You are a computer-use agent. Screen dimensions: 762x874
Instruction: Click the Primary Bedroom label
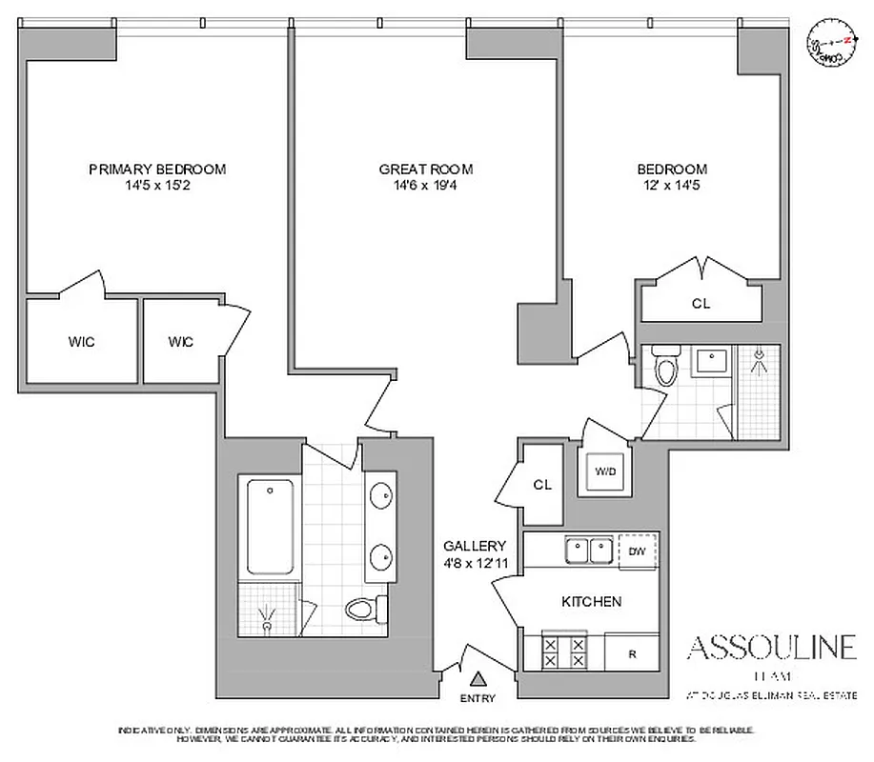pyautogui.click(x=157, y=170)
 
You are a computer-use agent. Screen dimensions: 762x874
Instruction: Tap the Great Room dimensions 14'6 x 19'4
pyautogui.click(x=426, y=187)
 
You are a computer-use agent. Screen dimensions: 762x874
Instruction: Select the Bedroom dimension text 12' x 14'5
pyautogui.click(x=672, y=187)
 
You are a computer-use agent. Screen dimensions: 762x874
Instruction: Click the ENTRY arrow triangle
pyautogui.click(x=479, y=678)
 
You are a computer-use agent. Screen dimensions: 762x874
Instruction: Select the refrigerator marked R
pyautogui.click(x=632, y=653)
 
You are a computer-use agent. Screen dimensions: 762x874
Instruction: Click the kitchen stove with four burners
pyautogui.click(x=563, y=652)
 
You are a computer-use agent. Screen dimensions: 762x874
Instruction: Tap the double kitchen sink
pyautogui.click(x=588, y=551)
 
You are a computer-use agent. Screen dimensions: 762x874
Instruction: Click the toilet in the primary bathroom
pyautogui.click(x=363, y=607)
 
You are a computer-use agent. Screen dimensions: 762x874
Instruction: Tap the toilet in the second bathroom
pyautogui.click(x=665, y=367)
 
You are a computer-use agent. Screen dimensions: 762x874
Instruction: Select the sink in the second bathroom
pyautogui.click(x=709, y=362)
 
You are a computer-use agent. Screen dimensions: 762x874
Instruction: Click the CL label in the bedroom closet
pyautogui.click(x=701, y=304)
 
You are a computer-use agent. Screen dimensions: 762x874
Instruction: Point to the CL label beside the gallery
pyautogui.click(x=542, y=485)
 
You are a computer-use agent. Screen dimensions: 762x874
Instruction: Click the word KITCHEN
pyautogui.click(x=591, y=601)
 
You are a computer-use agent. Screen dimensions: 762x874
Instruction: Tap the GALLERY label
pyautogui.click(x=474, y=546)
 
